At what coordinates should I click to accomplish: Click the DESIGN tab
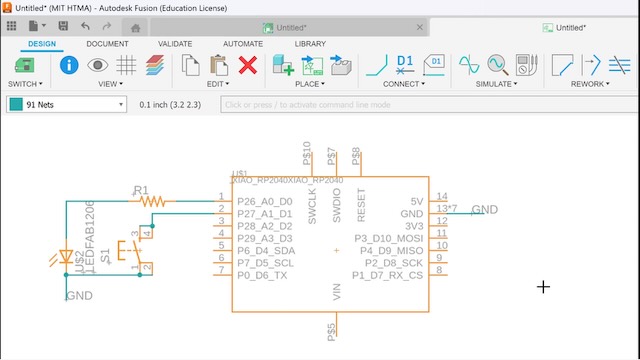[x=42, y=44]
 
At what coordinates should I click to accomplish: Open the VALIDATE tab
[x=175, y=44]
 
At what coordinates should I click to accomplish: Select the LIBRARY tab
[x=310, y=44]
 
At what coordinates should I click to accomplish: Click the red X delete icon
[x=248, y=66]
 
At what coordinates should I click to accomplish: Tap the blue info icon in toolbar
[x=69, y=66]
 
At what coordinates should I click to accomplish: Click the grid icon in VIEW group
[x=126, y=66]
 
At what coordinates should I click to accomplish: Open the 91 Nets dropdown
[x=66, y=104]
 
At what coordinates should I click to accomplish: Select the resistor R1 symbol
[x=154, y=201]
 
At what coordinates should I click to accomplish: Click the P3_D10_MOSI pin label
[x=388, y=237]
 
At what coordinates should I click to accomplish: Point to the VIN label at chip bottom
[x=336, y=292]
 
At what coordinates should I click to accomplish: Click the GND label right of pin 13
[x=484, y=209]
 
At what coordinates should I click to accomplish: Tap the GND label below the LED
[x=79, y=296]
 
